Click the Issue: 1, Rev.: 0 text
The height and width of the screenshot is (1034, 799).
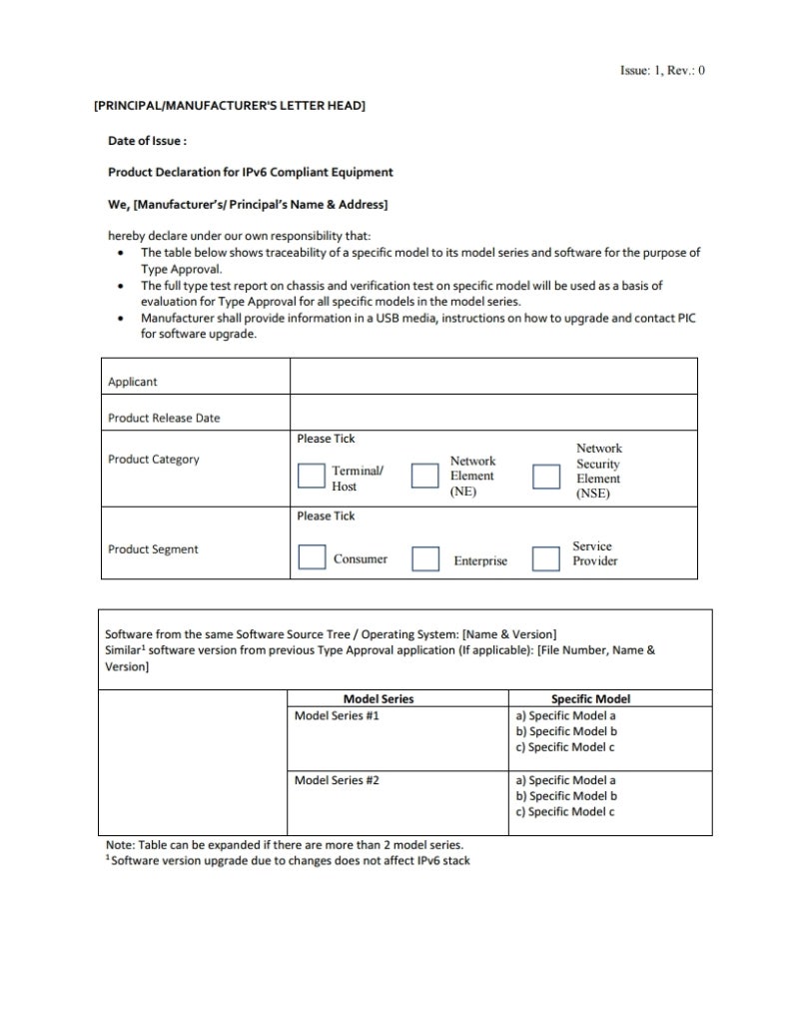click(662, 71)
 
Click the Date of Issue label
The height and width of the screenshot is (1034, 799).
click(148, 142)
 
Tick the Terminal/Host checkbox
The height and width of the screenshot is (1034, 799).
click(312, 477)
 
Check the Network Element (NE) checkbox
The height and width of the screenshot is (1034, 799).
click(426, 477)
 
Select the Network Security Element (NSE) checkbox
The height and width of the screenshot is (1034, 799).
click(545, 477)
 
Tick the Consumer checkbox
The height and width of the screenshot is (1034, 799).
click(312, 557)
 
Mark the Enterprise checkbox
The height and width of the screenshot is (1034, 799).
click(426, 557)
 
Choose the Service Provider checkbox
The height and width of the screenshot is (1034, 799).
click(545, 557)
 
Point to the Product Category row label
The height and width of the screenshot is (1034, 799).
click(154, 460)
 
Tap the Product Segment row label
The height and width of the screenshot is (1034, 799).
click(153, 549)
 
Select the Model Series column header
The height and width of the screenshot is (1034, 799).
click(379, 699)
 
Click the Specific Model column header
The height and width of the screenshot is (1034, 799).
click(591, 699)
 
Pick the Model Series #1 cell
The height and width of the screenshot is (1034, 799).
click(337, 716)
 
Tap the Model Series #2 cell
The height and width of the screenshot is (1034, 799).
click(337, 780)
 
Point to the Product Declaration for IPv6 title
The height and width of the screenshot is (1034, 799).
click(251, 172)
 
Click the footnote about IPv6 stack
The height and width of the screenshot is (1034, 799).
click(288, 861)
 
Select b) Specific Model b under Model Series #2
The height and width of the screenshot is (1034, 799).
click(566, 796)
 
